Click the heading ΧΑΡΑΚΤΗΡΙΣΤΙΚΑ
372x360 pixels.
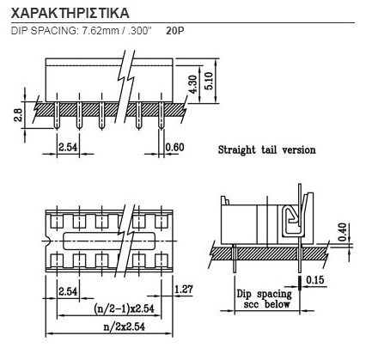(70, 13)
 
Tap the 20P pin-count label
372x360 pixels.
(175, 31)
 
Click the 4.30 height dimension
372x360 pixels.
(193, 84)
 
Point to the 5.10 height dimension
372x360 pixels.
(209, 81)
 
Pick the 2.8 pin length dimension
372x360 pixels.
(18, 115)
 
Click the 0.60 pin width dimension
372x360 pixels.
(174, 147)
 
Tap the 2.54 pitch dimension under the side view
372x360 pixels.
(68, 147)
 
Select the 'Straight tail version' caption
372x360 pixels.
(266, 149)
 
